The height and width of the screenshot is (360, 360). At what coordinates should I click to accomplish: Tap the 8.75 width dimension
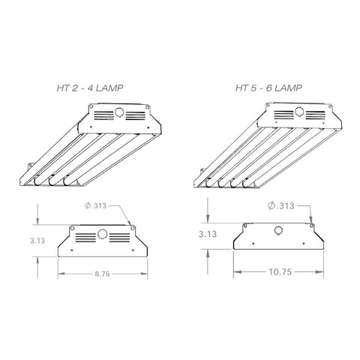[x=103, y=274]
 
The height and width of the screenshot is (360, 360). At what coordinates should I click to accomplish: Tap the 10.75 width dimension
[x=278, y=274]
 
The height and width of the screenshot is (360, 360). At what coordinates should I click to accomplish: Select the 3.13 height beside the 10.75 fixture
[x=208, y=233]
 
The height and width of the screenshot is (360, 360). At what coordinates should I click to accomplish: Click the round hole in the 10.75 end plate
[x=278, y=231]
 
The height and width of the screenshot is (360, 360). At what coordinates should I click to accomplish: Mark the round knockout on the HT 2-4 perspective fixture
[x=118, y=115]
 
